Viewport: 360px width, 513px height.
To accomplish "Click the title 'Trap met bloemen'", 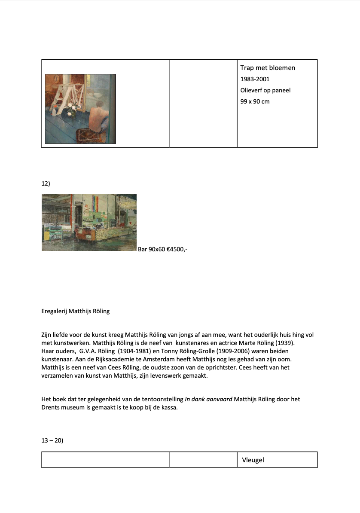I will pyautogui.click(x=268, y=68).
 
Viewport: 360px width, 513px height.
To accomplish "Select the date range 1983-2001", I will pyautogui.click(x=255, y=79).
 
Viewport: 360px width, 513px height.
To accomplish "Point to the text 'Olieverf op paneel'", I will pyautogui.click(x=265, y=90).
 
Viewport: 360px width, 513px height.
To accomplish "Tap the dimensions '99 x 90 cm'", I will pyautogui.click(x=255, y=101).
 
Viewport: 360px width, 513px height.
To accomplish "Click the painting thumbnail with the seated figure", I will pyautogui.click(x=80, y=109).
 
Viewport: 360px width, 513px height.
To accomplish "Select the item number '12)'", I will pyautogui.click(x=46, y=183).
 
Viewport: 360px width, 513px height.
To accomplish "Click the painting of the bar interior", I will pyautogui.click(x=89, y=223).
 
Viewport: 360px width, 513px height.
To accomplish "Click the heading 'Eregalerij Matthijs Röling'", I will pyautogui.click(x=76, y=311).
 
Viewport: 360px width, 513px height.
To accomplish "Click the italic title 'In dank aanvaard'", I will pyautogui.click(x=208, y=399).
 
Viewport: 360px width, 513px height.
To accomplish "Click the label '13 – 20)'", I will pyautogui.click(x=52, y=440).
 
